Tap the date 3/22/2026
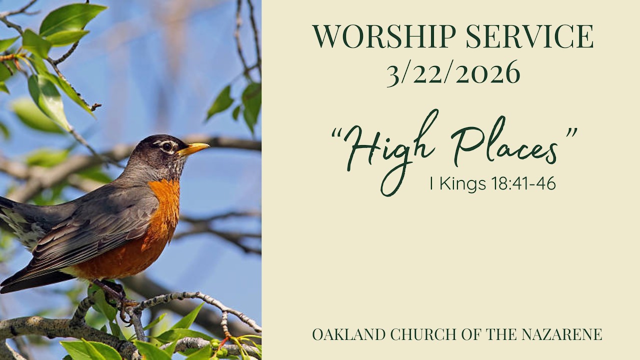453,73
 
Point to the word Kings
463,184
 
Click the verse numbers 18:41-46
523,184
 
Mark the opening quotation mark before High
337,134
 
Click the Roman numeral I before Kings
431,184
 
